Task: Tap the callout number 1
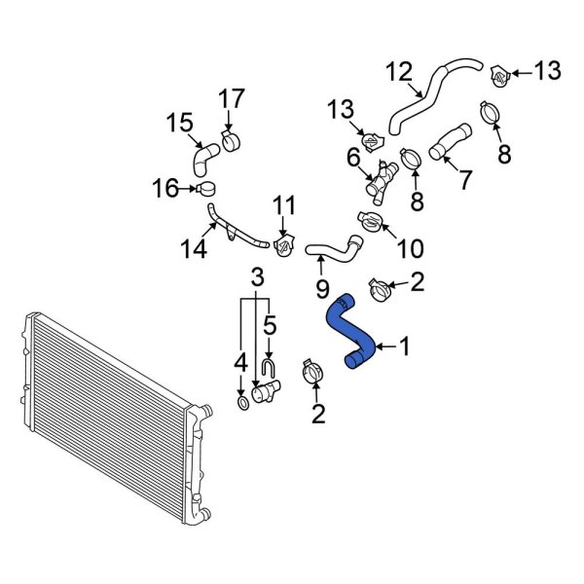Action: pos(406,346)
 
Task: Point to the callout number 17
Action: pos(231,99)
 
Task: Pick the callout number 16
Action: pos(164,188)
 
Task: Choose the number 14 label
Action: pos(195,249)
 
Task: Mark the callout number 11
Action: pos(283,204)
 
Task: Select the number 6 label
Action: pos(353,156)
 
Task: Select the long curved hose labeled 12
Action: pos(428,97)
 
